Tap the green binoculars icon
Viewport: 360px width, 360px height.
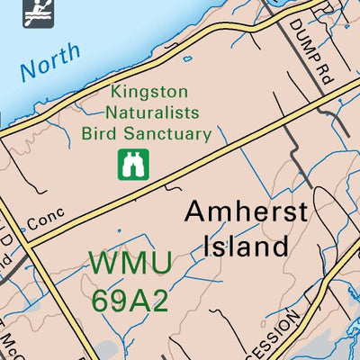pos(133,164)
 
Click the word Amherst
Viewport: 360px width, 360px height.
pos(246,212)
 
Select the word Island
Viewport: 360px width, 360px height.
pos(244,245)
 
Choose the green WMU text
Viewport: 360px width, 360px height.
pos(130,265)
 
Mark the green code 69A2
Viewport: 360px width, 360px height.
pos(130,299)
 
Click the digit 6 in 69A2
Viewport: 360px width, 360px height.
pos(101,299)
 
